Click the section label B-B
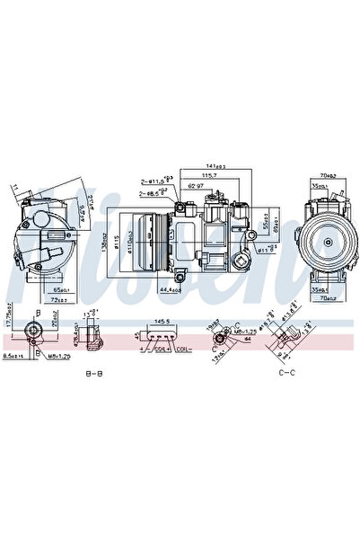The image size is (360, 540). pyautogui.click(x=92, y=372)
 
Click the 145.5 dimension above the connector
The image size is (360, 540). pyautogui.click(x=162, y=320)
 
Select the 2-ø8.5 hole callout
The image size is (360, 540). pyautogui.click(x=151, y=192)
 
